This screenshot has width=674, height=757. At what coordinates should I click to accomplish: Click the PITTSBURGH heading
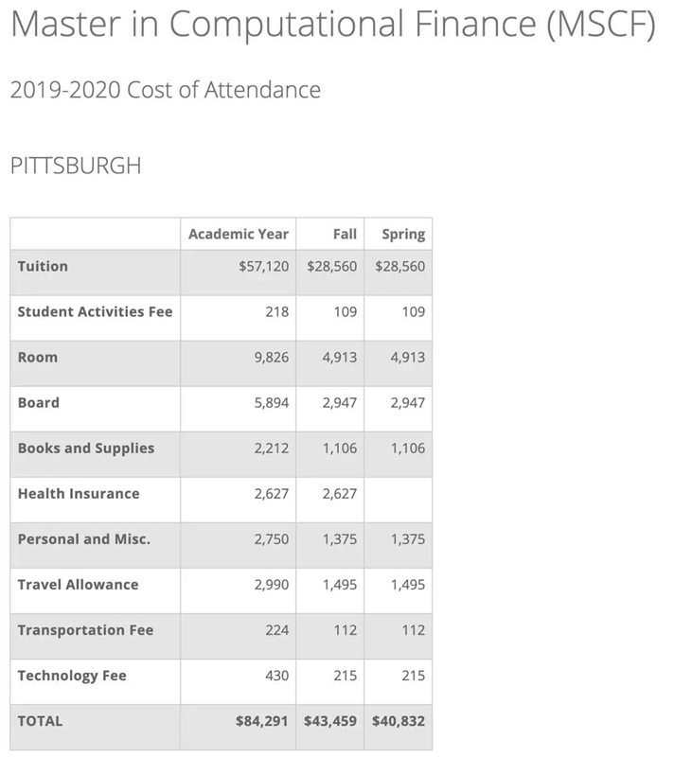click(75, 167)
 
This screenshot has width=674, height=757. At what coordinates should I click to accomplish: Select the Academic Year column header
click(238, 234)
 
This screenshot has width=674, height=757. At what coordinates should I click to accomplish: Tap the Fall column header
click(345, 234)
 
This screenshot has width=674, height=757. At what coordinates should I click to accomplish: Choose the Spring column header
click(402, 234)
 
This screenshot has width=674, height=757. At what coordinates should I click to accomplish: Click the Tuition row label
click(43, 266)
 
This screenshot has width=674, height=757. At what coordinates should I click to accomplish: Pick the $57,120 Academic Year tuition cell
click(263, 267)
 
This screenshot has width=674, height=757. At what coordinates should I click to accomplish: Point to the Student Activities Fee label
click(95, 311)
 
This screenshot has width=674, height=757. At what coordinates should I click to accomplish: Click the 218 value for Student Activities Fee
click(276, 312)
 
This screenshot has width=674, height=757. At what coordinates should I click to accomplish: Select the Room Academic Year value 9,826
click(271, 358)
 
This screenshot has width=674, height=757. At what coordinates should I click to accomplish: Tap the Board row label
click(38, 402)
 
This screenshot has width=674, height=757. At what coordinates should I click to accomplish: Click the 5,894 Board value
click(271, 403)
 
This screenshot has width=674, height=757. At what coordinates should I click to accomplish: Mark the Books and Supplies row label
click(85, 448)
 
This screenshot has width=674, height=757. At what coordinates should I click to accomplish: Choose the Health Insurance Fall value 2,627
click(339, 494)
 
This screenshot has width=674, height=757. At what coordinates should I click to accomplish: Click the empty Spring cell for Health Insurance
click(398, 494)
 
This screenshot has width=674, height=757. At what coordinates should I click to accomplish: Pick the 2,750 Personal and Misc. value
click(271, 539)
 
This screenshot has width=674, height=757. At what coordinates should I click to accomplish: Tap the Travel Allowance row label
click(78, 584)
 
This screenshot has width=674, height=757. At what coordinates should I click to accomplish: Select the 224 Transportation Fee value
click(276, 630)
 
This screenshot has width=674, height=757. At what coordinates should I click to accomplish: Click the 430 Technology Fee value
click(276, 676)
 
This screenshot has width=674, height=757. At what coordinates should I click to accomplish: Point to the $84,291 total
click(262, 721)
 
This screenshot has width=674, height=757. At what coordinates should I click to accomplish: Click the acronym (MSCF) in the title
click(600, 26)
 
